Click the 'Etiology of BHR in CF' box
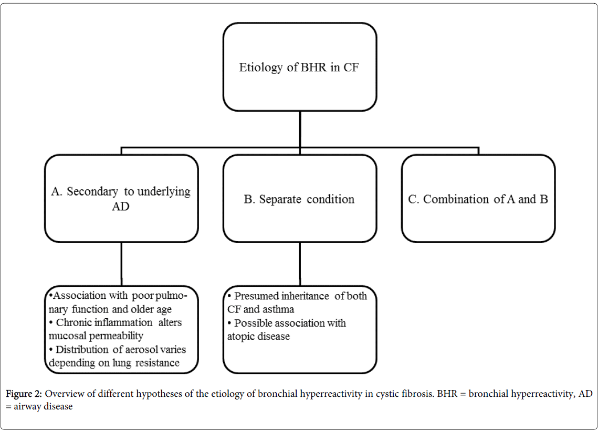(x=300, y=67)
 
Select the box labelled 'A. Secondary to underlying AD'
(x=121, y=198)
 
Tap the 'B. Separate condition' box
(x=300, y=198)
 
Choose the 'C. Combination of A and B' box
(x=478, y=198)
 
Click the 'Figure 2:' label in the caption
(x=24, y=393)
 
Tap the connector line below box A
(x=121, y=264)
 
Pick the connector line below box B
(x=300, y=264)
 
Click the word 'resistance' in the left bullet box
(x=158, y=363)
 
